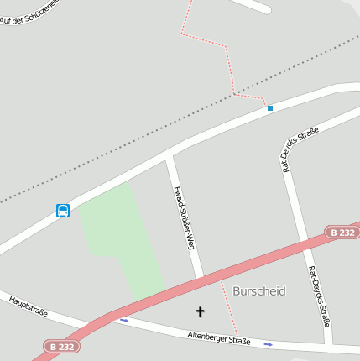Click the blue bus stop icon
[63, 211]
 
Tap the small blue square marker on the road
[270, 108]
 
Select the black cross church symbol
[201, 312]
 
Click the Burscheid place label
[259, 291]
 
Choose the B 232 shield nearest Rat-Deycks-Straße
[342, 232]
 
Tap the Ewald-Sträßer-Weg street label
[185, 217]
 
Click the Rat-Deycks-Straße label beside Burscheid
[320, 296]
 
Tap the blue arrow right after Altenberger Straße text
[269, 344]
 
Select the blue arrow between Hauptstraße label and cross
[125, 320]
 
